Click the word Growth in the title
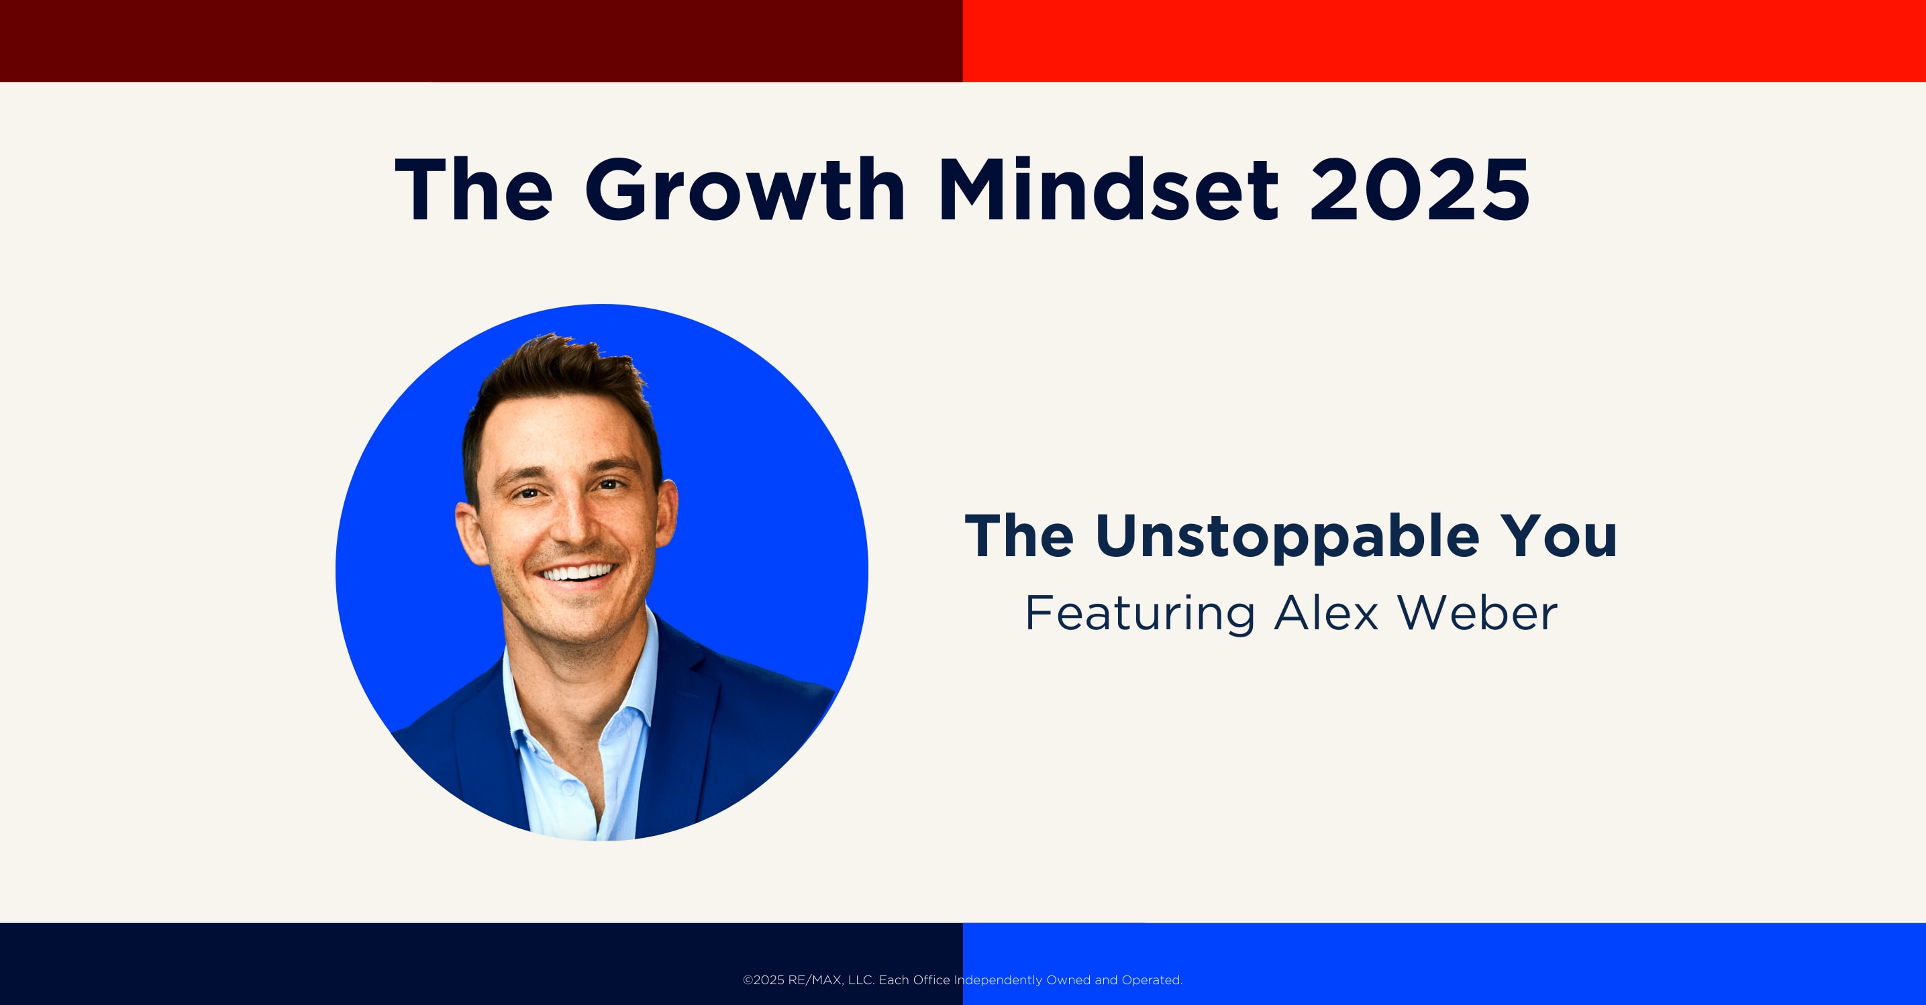745,190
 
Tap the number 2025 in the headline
1419,190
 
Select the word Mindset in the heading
1108,190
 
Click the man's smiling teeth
578,573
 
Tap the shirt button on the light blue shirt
568,789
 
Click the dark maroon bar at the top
482,40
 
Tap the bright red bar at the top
1444,40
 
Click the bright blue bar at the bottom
1444,964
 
